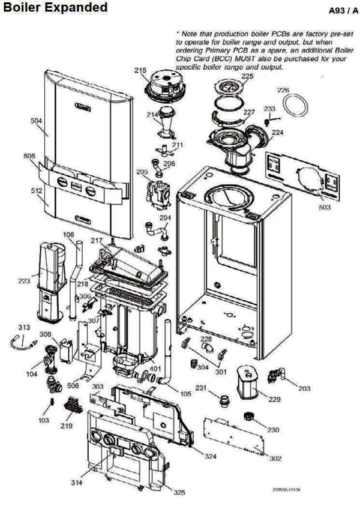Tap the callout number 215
coord(140,71)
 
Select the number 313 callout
coord(23,328)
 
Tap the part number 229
coord(274,399)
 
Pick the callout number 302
coord(275,459)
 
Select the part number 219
coord(66,426)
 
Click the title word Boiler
coord(22,8)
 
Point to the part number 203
coord(304,389)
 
